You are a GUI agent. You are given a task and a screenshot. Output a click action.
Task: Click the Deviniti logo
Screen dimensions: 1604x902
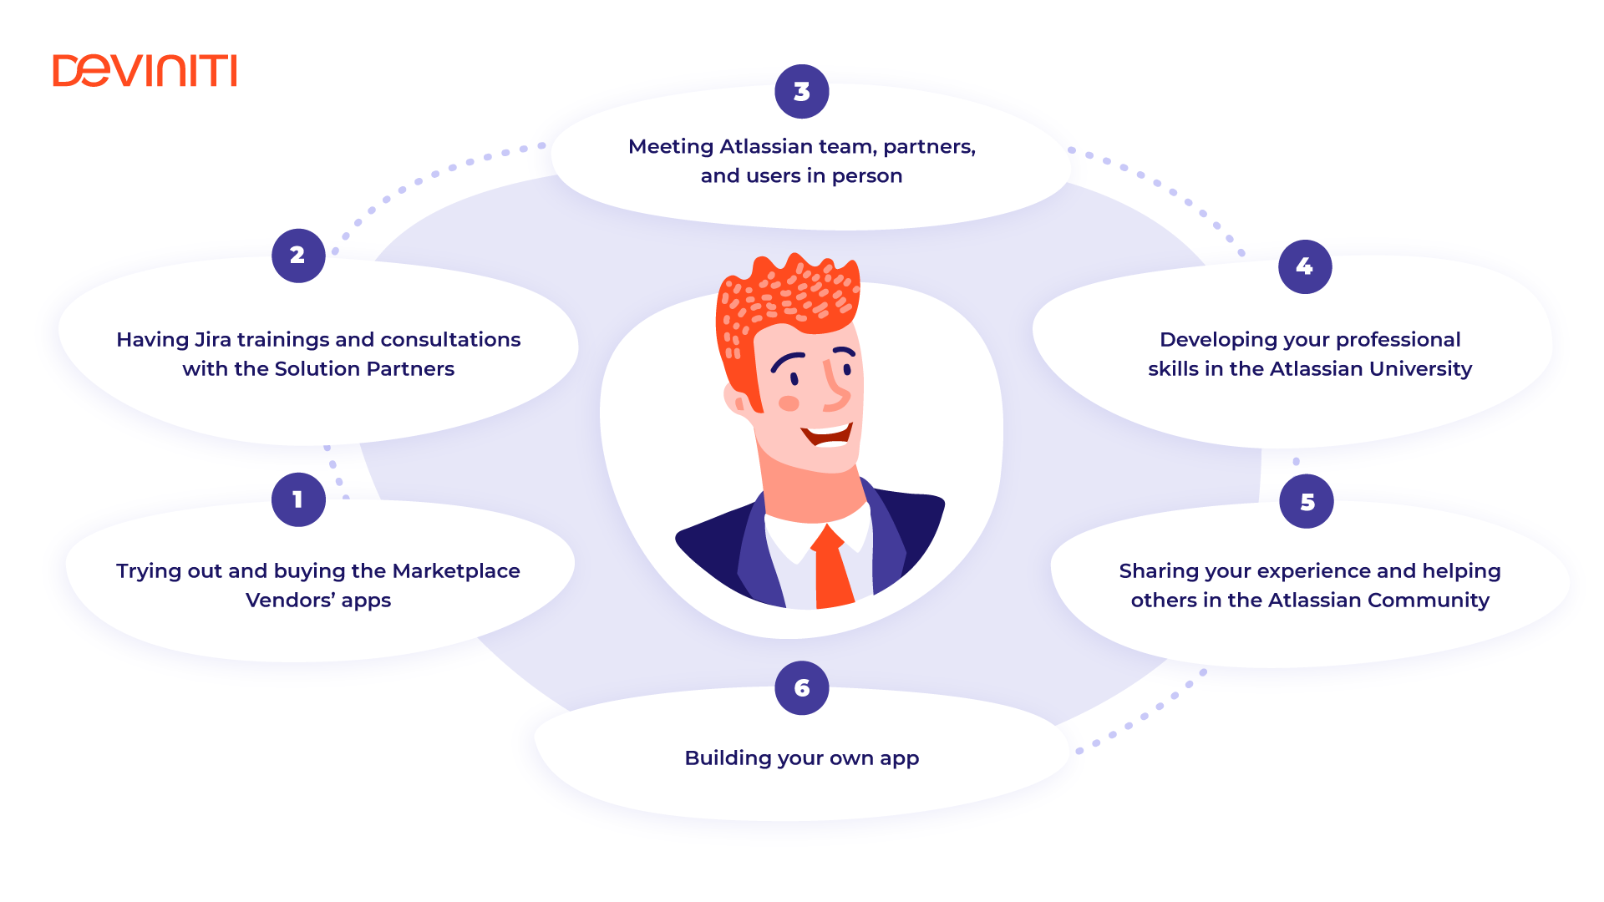(x=145, y=71)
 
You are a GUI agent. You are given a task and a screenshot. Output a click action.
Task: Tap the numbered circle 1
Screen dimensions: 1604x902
(x=298, y=499)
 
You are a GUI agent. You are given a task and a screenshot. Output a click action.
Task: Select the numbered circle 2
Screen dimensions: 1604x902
(x=298, y=256)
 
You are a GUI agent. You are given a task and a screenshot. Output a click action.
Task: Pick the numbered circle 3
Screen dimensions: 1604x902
(x=802, y=92)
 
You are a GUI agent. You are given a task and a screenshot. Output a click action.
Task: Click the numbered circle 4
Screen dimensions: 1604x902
(x=1305, y=266)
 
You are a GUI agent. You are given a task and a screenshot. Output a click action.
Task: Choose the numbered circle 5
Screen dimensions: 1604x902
(x=1307, y=501)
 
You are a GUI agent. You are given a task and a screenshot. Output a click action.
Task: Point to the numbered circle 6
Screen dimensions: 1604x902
(x=802, y=687)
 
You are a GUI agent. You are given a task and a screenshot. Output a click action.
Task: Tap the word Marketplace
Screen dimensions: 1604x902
(x=456, y=572)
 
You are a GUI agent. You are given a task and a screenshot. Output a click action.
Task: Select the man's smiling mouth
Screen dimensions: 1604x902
(x=827, y=434)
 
